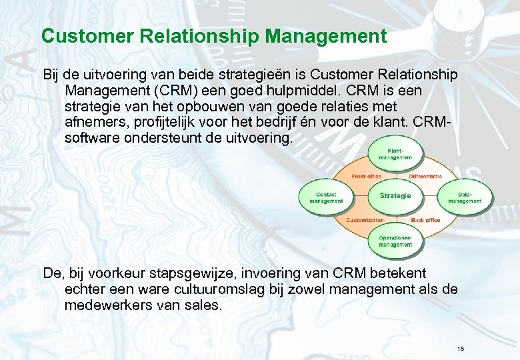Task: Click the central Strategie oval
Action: pyautogui.click(x=395, y=196)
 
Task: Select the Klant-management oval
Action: pyautogui.click(x=396, y=155)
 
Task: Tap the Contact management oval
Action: pyautogui.click(x=326, y=197)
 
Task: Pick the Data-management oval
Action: pyautogui.click(x=465, y=197)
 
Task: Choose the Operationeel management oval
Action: pyautogui.click(x=396, y=241)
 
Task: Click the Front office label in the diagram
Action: pyautogui.click(x=366, y=176)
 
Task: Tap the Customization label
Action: pyautogui.click(x=365, y=219)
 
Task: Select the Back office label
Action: pyautogui.click(x=425, y=219)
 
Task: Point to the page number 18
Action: pyautogui.click(x=461, y=349)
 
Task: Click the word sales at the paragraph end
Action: pyautogui.click(x=205, y=305)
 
